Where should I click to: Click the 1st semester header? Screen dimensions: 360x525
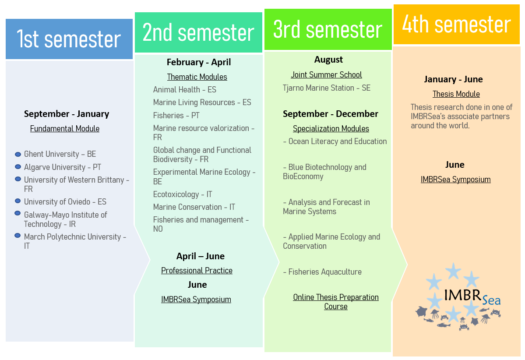click(69, 39)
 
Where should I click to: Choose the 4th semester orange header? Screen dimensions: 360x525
click(456, 25)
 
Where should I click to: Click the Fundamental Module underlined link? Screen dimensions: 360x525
click(65, 129)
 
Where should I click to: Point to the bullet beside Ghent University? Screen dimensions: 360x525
click(18, 154)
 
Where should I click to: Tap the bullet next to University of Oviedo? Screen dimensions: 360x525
click(18, 201)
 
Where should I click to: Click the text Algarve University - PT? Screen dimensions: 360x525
click(63, 167)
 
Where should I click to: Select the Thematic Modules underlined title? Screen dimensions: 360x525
click(197, 77)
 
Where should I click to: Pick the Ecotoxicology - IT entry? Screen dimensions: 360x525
click(183, 194)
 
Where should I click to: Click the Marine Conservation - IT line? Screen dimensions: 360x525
click(194, 207)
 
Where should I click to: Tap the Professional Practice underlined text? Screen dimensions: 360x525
click(197, 271)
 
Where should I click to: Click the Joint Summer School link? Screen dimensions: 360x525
click(326, 75)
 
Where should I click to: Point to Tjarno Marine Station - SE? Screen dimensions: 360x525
click(327, 88)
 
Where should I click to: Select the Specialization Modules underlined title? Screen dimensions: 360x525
click(331, 129)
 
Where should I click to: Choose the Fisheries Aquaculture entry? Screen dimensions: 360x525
click(322, 272)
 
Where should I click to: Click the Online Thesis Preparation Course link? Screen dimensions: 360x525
click(336, 302)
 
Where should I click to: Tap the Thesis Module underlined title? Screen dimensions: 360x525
click(456, 94)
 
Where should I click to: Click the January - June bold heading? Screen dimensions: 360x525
click(454, 79)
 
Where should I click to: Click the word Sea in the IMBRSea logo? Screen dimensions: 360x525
click(491, 300)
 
